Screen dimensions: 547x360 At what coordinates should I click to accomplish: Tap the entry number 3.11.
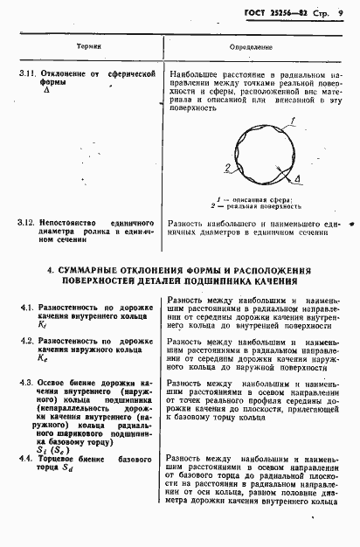click(x=27, y=75)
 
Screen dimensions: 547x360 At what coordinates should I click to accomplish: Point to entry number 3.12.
click(x=27, y=222)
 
